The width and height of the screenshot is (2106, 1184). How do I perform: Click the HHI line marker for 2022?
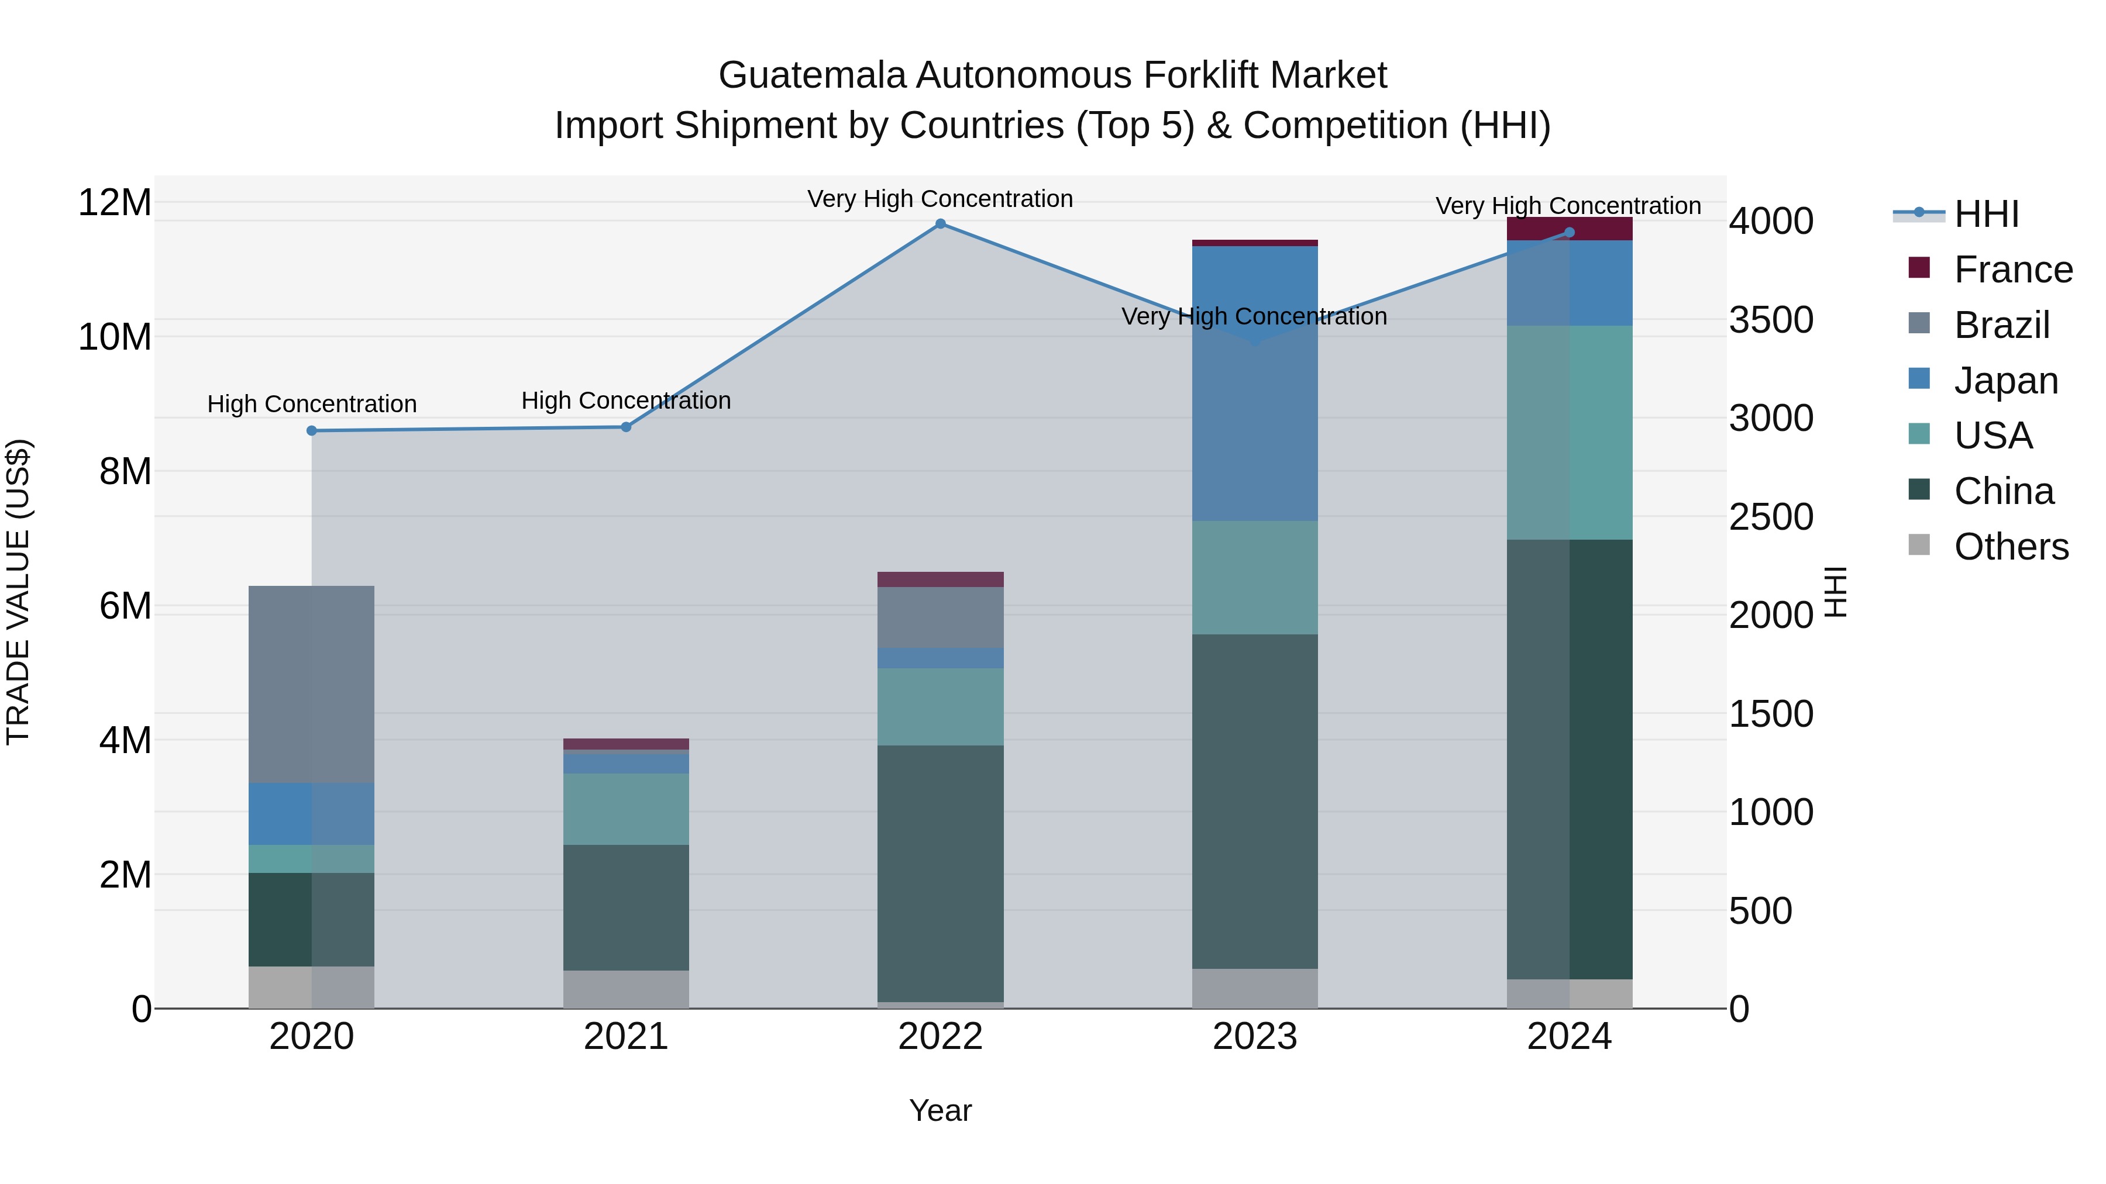point(940,224)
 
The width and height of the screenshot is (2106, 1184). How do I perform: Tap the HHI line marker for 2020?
point(311,430)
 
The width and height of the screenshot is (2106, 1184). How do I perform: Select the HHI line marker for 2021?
point(626,427)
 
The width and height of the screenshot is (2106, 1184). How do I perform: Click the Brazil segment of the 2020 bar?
point(311,684)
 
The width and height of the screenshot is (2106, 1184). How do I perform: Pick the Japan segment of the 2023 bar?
point(1255,384)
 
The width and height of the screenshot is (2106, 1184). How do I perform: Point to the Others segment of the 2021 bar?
point(626,989)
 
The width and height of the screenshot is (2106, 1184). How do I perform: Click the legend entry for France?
point(2013,270)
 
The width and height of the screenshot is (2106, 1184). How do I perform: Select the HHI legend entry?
point(1986,214)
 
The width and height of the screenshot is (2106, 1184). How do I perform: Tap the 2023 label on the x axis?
point(1255,1037)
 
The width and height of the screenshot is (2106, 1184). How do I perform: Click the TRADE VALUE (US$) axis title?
point(18,592)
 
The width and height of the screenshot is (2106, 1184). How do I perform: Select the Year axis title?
point(940,1110)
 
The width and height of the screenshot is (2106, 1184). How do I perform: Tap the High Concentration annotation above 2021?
point(626,401)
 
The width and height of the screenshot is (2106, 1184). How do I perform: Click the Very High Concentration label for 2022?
point(940,199)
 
